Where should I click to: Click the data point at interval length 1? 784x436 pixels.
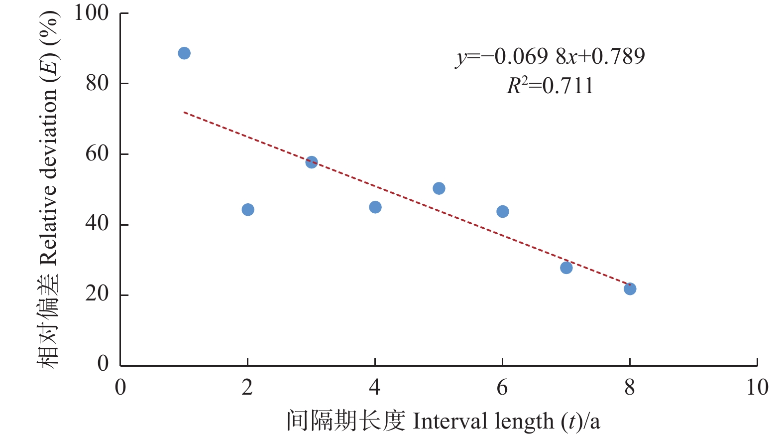tap(184, 53)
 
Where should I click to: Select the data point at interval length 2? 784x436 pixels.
tap(248, 210)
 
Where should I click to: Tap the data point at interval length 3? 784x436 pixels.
tap(312, 162)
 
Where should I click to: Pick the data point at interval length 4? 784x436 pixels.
tap(375, 207)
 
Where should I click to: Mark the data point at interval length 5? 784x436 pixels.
tap(439, 188)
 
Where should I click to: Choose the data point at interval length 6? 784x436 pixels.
tap(503, 212)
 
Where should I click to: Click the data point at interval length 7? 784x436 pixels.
tap(566, 268)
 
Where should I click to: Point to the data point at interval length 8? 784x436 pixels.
tap(630, 289)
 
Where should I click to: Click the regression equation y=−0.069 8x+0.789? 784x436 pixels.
tap(550, 57)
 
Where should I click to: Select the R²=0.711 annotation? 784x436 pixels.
tap(550, 86)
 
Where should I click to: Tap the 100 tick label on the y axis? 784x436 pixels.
tap(91, 13)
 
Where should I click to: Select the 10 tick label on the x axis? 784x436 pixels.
tap(757, 388)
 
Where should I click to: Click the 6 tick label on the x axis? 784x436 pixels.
tap(502, 388)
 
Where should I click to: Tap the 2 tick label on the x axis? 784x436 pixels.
tap(247, 388)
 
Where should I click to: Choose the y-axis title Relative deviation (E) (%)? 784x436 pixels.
tap(49, 189)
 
